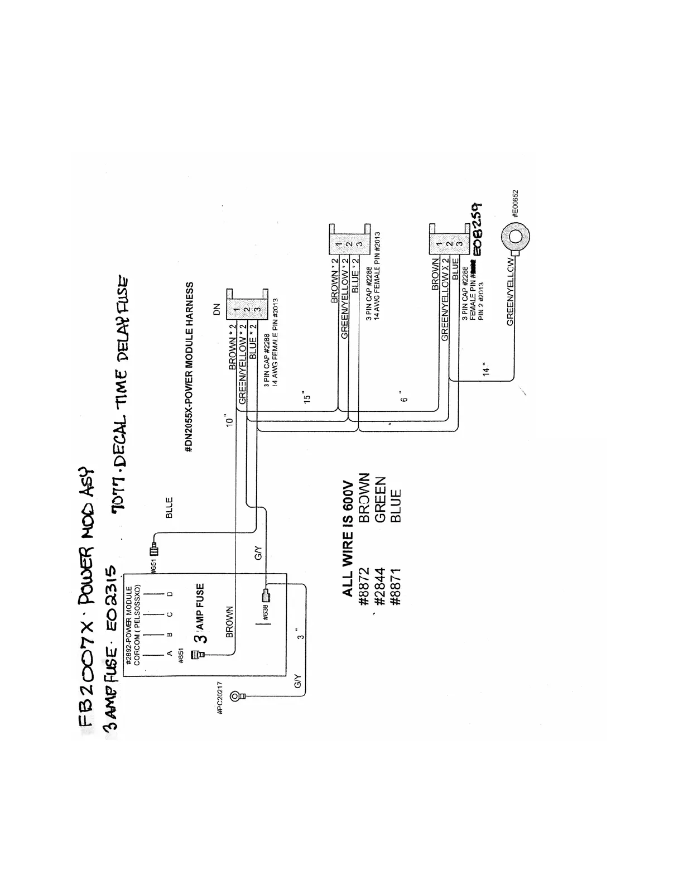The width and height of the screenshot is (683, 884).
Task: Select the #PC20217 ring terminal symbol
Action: (x=240, y=695)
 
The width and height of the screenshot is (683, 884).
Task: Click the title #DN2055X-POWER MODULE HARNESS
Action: (x=190, y=367)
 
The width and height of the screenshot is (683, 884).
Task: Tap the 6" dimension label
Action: (x=405, y=396)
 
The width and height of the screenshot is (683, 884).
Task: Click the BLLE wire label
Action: (x=169, y=507)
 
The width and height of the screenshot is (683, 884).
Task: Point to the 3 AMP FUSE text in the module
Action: (x=201, y=612)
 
